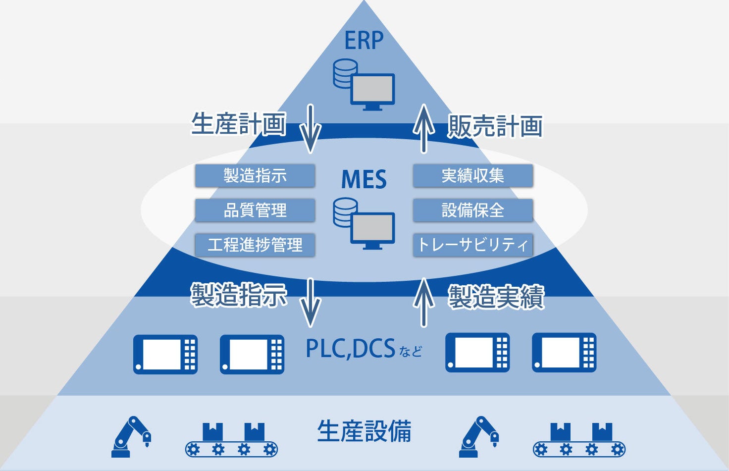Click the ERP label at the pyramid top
click(x=364, y=41)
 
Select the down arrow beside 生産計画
click(x=311, y=128)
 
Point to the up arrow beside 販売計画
click(x=423, y=128)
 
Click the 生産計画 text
click(x=239, y=124)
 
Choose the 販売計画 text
click(x=495, y=126)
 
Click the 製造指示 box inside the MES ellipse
click(x=255, y=176)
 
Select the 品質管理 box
click(x=255, y=210)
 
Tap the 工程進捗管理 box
click(x=255, y=245)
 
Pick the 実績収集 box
click(x=473, y=176)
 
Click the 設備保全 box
click(x=473, y=210)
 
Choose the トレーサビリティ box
click(x=473, y=245)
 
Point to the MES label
click(x=364, y=179)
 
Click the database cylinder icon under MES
click(x=345, y=212)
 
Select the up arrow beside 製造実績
click(x=423, y=302)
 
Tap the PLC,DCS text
click(x=351, y=349)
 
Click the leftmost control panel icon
click(x=165, y=354)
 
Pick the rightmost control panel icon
click(x=564, y=353)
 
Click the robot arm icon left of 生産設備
click(x=131, y=436)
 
